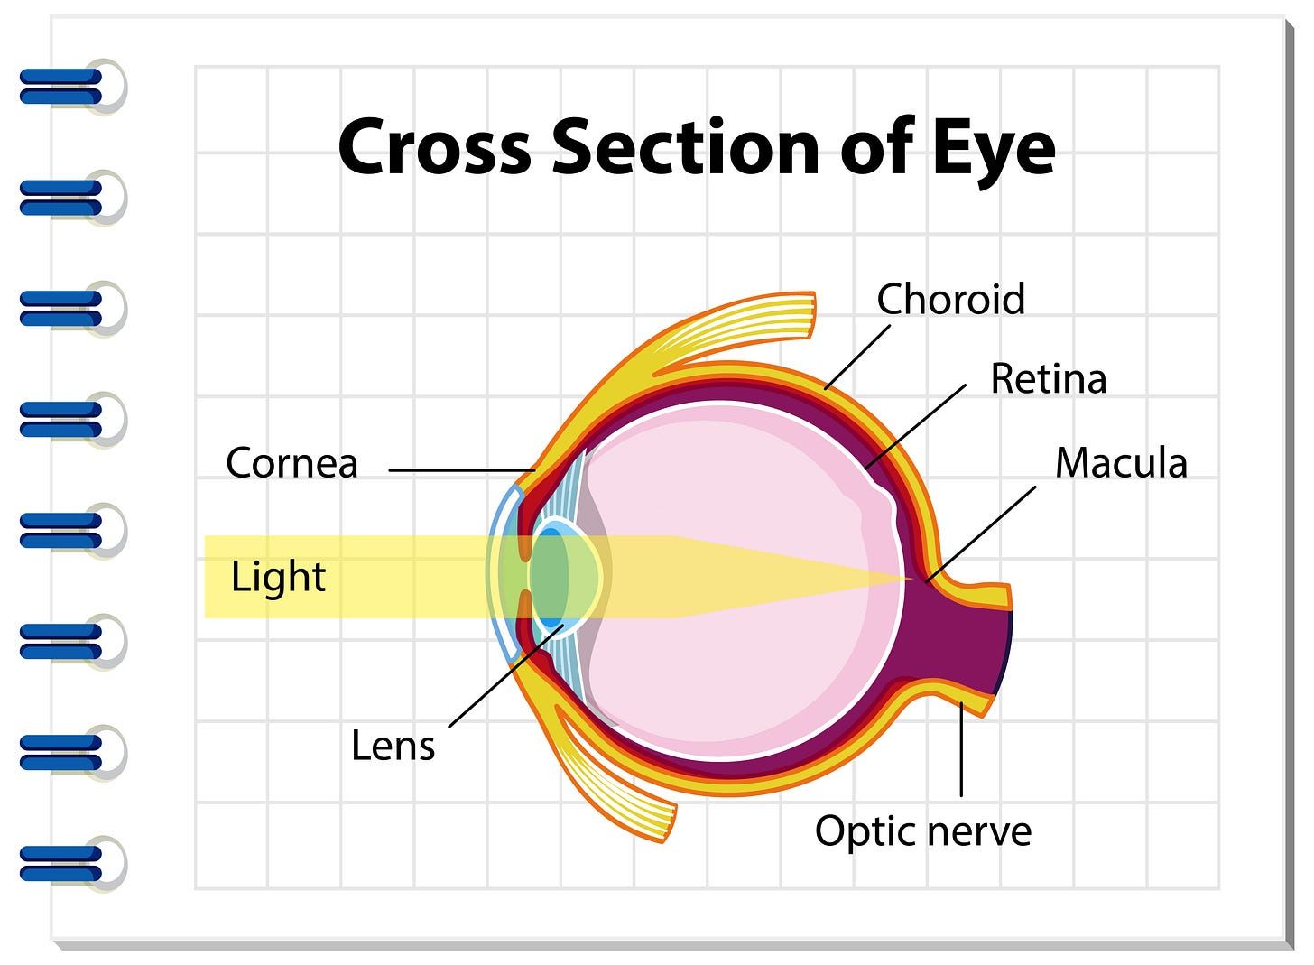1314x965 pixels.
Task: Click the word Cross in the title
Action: [x=435, y=147]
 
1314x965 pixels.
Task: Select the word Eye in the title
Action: [x=994, y=152]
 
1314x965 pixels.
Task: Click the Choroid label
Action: [x=950, y=299]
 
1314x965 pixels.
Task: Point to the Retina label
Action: [x=1049, y=378]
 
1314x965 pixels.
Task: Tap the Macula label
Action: [x=1121, y=463]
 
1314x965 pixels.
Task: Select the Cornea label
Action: [x=291, y=463]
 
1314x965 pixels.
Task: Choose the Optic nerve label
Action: [x=922, y=832]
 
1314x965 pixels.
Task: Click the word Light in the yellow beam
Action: [x=278, y=578]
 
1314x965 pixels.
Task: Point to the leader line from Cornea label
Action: [x=462, y=470]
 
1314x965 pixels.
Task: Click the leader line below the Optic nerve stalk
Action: [x=961, y=749]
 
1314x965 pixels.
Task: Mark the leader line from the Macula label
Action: [x=981, y=534]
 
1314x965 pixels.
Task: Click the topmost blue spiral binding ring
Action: [x=73, y=87]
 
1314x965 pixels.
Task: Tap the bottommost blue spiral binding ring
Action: [x=73, y=864]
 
